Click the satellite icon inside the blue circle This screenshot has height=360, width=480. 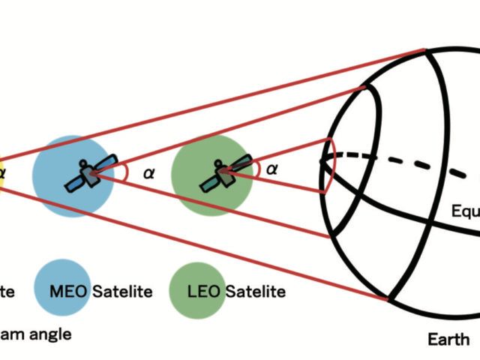click(90, 174)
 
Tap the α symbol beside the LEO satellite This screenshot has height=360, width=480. click(272, 169)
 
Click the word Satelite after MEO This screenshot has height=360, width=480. click(122, 291)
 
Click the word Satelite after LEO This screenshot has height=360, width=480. click(256, 291)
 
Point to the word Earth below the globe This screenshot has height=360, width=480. click(448, 340)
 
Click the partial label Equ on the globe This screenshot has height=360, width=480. click(465, 211)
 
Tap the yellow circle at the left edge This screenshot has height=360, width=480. click(2, 174)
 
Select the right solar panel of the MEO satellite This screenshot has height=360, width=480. click(107, 163)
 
